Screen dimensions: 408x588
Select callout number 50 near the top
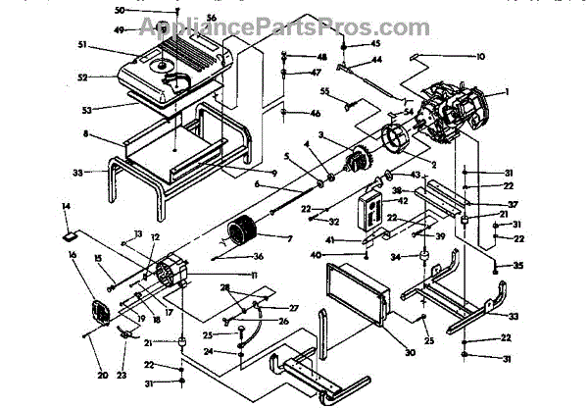120,10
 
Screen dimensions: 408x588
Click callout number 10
479,57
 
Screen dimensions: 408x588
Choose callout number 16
72,255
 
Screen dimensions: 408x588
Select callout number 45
376,45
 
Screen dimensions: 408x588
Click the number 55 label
323,91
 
